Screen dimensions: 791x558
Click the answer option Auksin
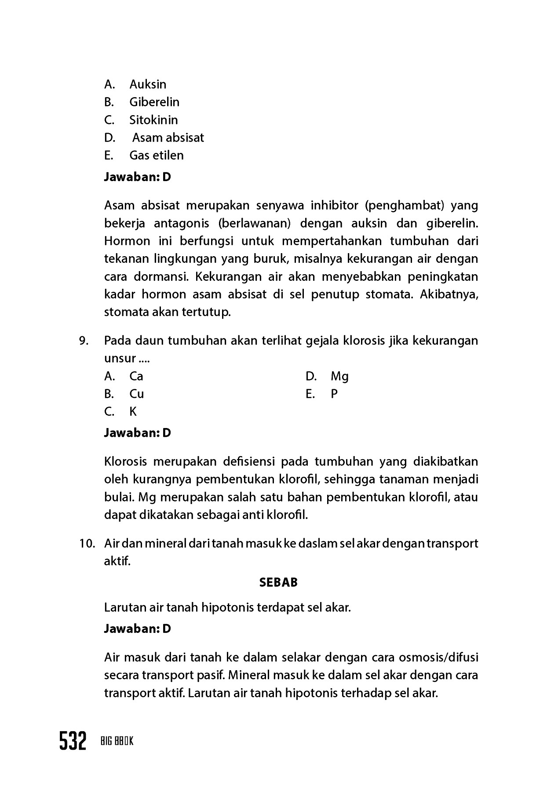148,84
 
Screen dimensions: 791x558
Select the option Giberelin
154,102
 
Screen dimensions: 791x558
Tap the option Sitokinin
153,120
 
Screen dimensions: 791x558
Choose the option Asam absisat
168,138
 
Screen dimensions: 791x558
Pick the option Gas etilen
156,155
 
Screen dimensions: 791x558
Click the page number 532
73,742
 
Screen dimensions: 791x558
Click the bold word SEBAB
278,582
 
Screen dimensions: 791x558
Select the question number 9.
84,341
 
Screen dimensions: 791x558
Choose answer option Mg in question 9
339,376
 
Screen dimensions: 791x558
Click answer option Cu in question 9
137,394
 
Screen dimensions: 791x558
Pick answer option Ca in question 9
136,376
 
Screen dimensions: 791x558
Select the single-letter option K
133,412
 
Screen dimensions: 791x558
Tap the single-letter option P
334,394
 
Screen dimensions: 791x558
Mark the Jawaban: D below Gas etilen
137,177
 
